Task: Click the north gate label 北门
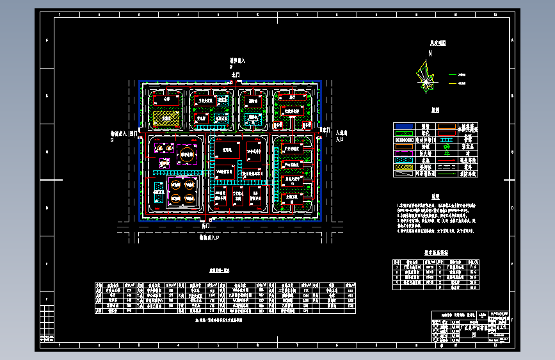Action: click(x=236, y=76)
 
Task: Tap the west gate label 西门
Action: click(x=133, y=134)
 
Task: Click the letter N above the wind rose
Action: click(x=430, y=53)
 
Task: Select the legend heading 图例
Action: click(x=434, y=110)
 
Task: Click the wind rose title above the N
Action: click(x=438, y=44)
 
